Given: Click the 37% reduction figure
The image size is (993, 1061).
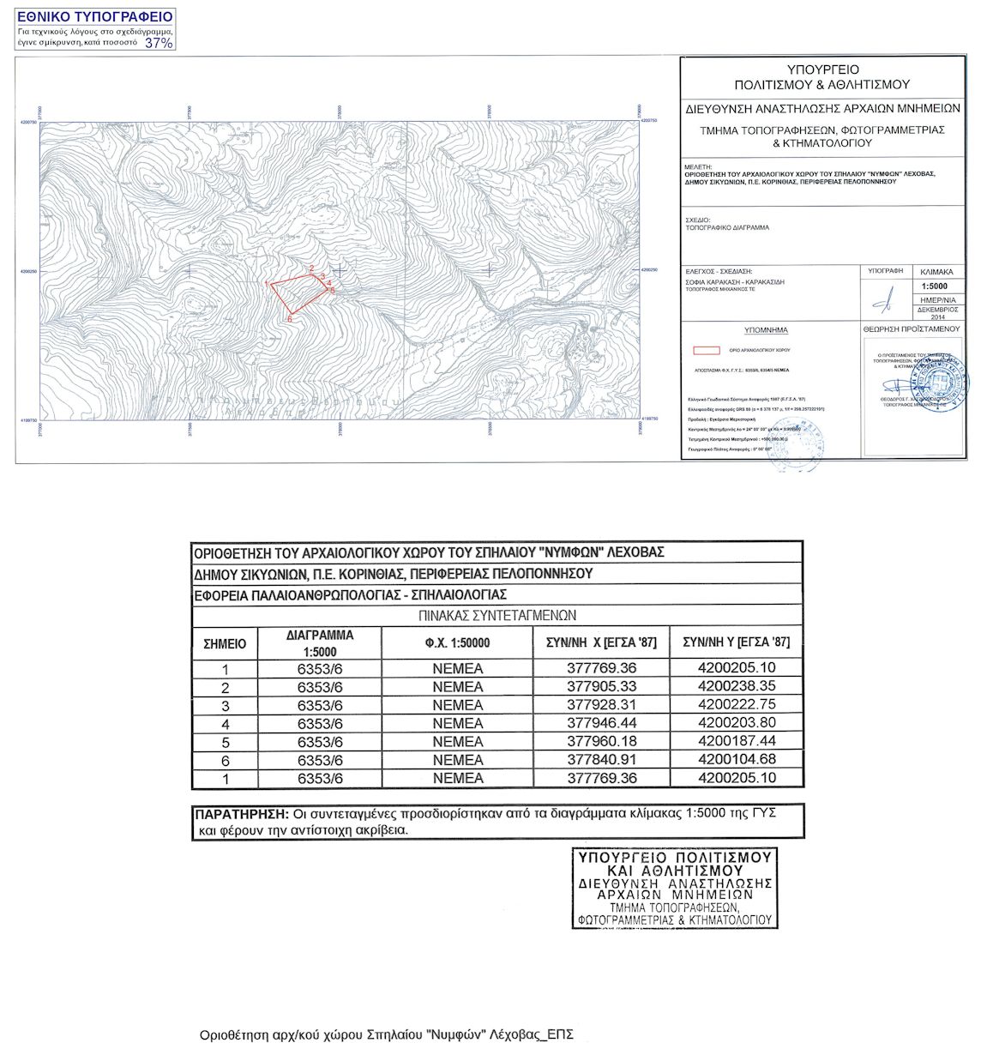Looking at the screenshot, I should pos(159,42).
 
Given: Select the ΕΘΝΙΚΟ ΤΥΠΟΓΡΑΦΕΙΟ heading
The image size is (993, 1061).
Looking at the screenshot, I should pos(95,17).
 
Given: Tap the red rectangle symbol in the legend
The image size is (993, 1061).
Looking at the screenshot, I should pos(706,350).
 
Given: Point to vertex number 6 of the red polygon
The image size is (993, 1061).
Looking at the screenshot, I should pos(290,319).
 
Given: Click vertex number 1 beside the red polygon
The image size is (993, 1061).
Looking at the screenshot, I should pos(268,283).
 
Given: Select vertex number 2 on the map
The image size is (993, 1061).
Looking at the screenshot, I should pos(311,268).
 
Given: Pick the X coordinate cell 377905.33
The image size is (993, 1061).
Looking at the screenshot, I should pos(602,686).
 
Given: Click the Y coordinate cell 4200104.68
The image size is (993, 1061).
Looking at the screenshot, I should pos(737,759).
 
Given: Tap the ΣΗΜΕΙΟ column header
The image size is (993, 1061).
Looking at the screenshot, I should pos(225,643).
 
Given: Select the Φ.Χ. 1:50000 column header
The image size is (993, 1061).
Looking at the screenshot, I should pos(457,643).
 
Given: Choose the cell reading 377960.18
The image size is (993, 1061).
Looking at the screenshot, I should pos(602,741).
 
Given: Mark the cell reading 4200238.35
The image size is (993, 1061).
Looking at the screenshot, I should pos(737,686).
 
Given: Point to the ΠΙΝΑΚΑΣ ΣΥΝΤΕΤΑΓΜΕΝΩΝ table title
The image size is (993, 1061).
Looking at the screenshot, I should pos(497,616).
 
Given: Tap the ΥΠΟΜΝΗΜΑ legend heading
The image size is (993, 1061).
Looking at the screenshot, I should pos(767,330).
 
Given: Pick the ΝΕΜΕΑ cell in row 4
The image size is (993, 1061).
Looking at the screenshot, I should pos(458,723).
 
